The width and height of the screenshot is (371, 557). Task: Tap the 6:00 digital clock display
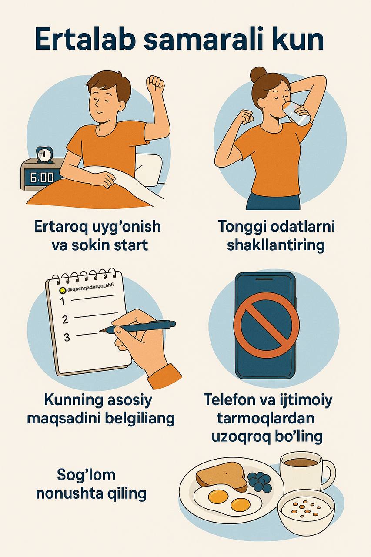(x=42, y=178)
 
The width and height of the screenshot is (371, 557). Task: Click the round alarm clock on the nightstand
(x=44, y=154)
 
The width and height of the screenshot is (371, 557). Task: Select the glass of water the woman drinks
(x=297, y=113)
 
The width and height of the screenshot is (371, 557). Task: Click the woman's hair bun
(x=258, y=74)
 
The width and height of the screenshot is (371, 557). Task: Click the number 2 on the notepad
(x=65, y=319)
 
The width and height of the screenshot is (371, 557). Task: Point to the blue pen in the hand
(x=138, y=326)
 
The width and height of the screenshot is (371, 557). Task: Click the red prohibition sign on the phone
(x=266, y=325)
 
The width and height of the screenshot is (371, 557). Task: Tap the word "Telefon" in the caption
(x=233, y=399)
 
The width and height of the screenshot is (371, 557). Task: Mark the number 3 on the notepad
(x=67, y=337)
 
